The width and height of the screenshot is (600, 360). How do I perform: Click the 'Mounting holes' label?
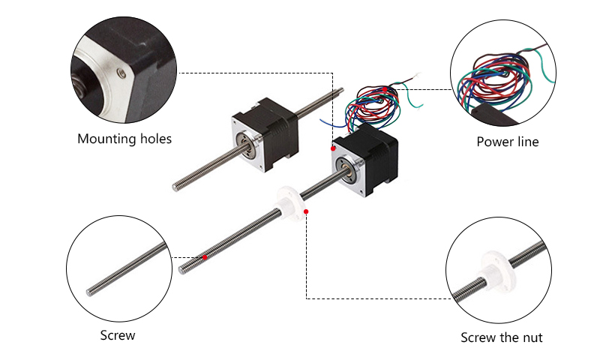tap(124, 139)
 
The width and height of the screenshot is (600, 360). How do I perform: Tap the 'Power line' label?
tap(507, 142)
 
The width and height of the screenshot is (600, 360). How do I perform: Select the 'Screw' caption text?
tap(118, 335)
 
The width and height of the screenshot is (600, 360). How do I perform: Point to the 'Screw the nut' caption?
tap(501, 337)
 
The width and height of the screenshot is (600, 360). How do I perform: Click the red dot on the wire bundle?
tap(385, 89)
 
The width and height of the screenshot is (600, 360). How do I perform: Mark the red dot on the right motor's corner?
tap(334, 148)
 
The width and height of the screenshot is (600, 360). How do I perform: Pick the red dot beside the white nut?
tap(307, 211)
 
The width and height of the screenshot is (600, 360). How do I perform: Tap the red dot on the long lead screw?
tap(205, 257)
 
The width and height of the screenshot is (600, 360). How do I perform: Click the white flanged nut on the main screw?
tap(286, 199)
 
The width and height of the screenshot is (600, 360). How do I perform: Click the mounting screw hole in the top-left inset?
tap(121, 73)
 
